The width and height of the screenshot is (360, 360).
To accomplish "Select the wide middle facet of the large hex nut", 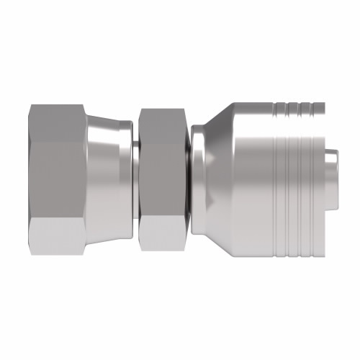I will tap(58, 180).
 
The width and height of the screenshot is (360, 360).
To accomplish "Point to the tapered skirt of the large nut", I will tap(108, 180).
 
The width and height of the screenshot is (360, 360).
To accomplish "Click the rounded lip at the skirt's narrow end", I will tap(127, 180).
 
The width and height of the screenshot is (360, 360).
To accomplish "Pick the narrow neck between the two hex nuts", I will tap(136, 180).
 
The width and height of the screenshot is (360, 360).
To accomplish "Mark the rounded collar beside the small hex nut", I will tap(197, 180).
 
